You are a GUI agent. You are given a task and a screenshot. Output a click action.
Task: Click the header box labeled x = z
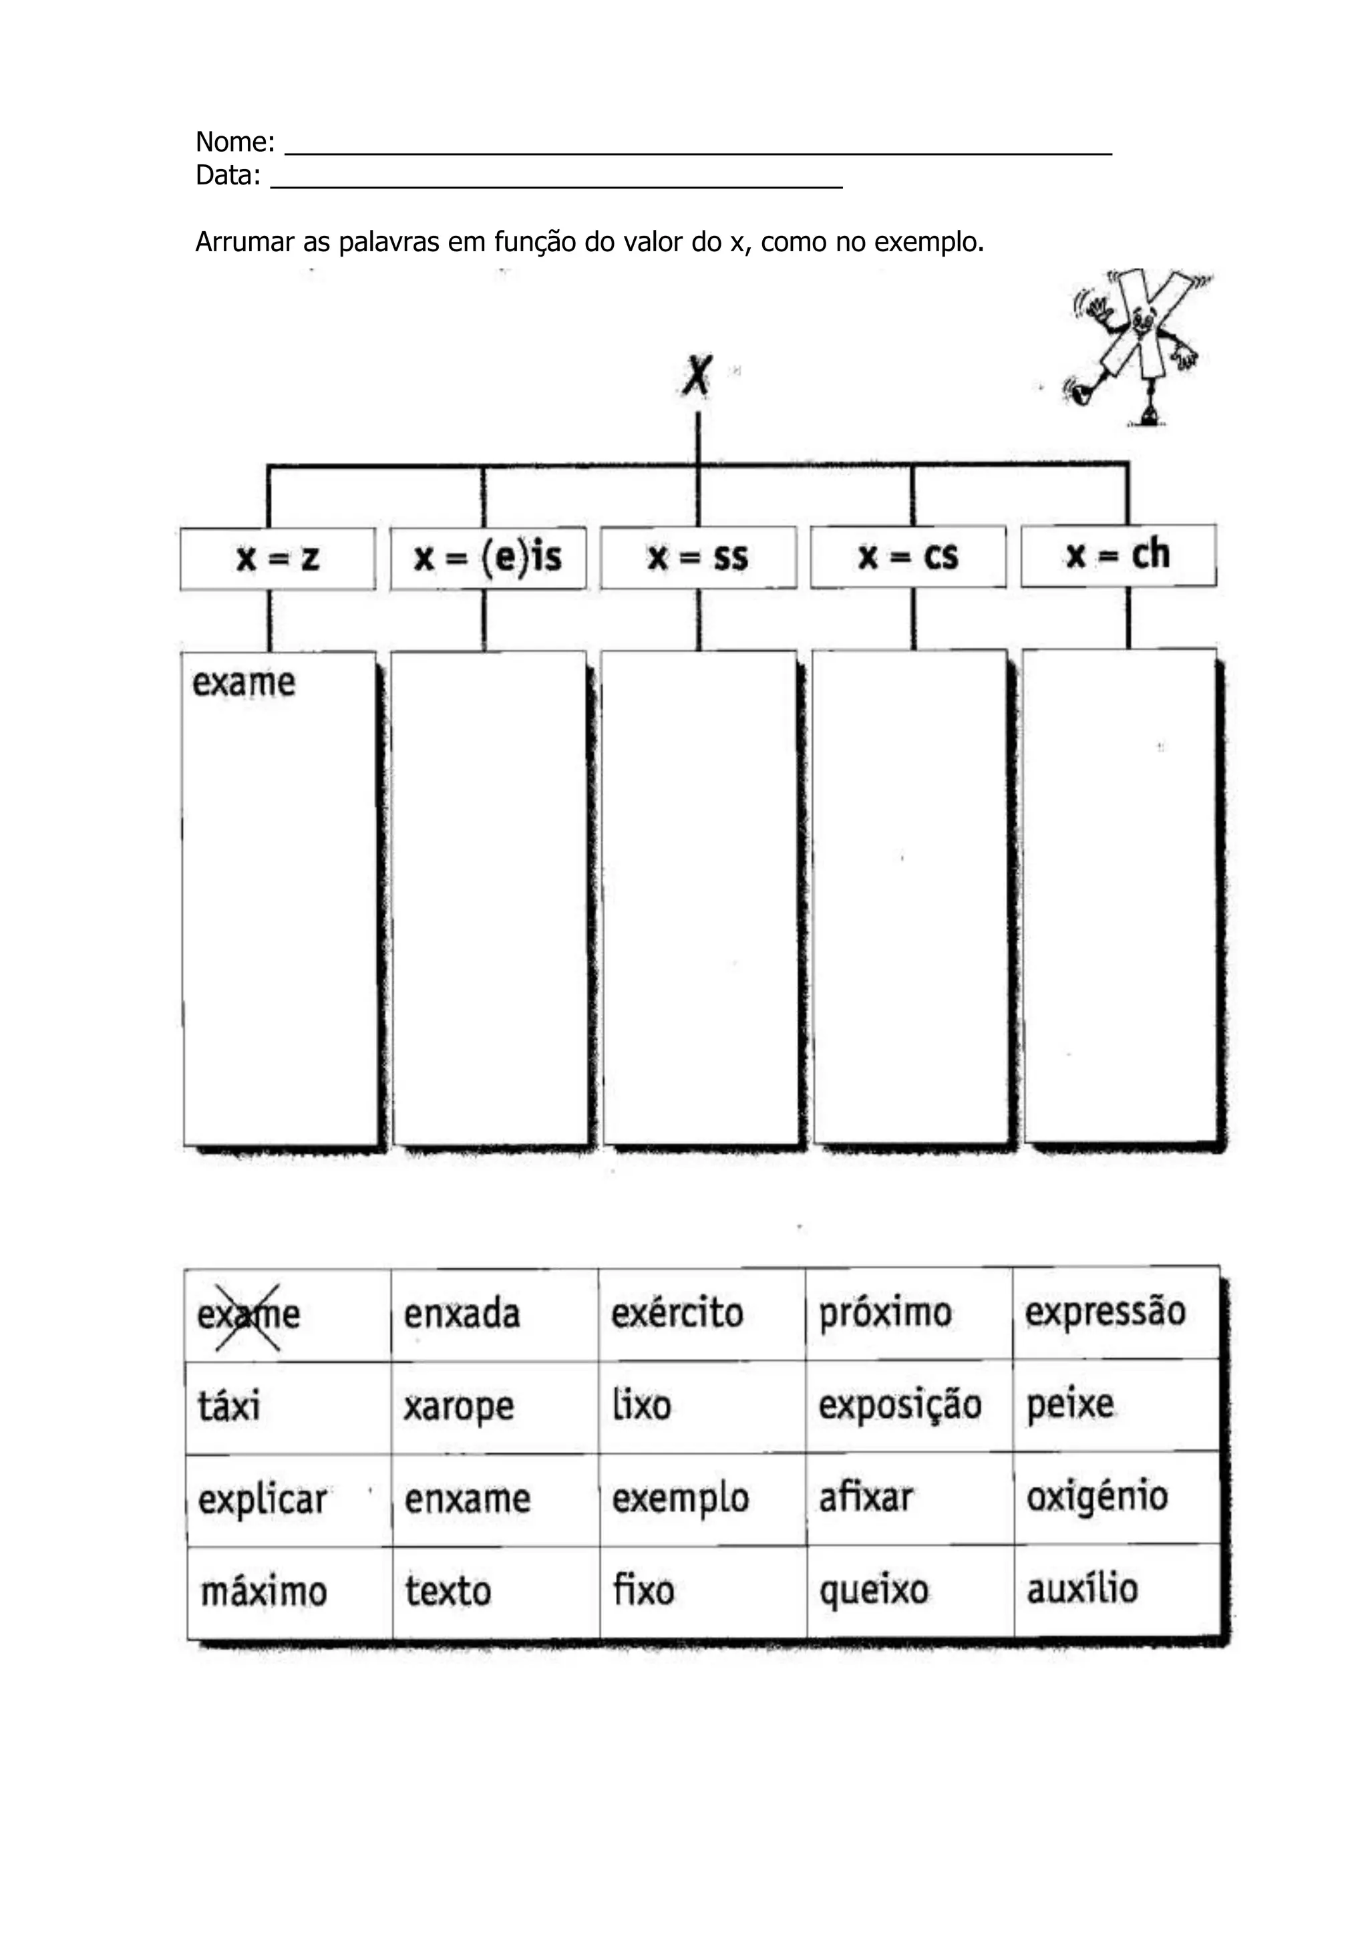coord(277,558)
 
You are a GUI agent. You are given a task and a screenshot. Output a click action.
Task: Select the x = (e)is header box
coord(488,557)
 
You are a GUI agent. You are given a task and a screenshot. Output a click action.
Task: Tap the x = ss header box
coord(697,557)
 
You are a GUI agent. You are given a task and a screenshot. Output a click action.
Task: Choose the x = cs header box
coord(908,556)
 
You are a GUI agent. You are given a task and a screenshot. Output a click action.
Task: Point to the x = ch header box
coord(1118,555)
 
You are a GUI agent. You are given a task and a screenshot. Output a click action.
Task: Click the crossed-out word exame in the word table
coord(248,1315)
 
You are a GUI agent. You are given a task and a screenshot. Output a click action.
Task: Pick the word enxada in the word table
coord(462,1314)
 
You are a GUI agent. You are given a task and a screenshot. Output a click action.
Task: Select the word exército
coord(677,1313)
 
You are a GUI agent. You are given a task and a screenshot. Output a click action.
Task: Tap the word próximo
coord(885,1313)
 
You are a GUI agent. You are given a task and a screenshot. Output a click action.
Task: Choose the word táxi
coord(229,1406)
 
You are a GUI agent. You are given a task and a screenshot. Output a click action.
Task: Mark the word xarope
coord(458,1407)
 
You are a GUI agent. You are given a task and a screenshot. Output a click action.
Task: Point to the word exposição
coord(900,1406)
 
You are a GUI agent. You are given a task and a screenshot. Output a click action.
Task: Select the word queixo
coord(874,1591)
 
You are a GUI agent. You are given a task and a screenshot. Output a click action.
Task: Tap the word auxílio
coord(1081,1590)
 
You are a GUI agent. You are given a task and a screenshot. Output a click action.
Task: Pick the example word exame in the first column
coord(243,683)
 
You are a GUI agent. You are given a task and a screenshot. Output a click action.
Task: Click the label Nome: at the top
coord(235,142)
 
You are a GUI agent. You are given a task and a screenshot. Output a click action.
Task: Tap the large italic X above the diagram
coord(697,376)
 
